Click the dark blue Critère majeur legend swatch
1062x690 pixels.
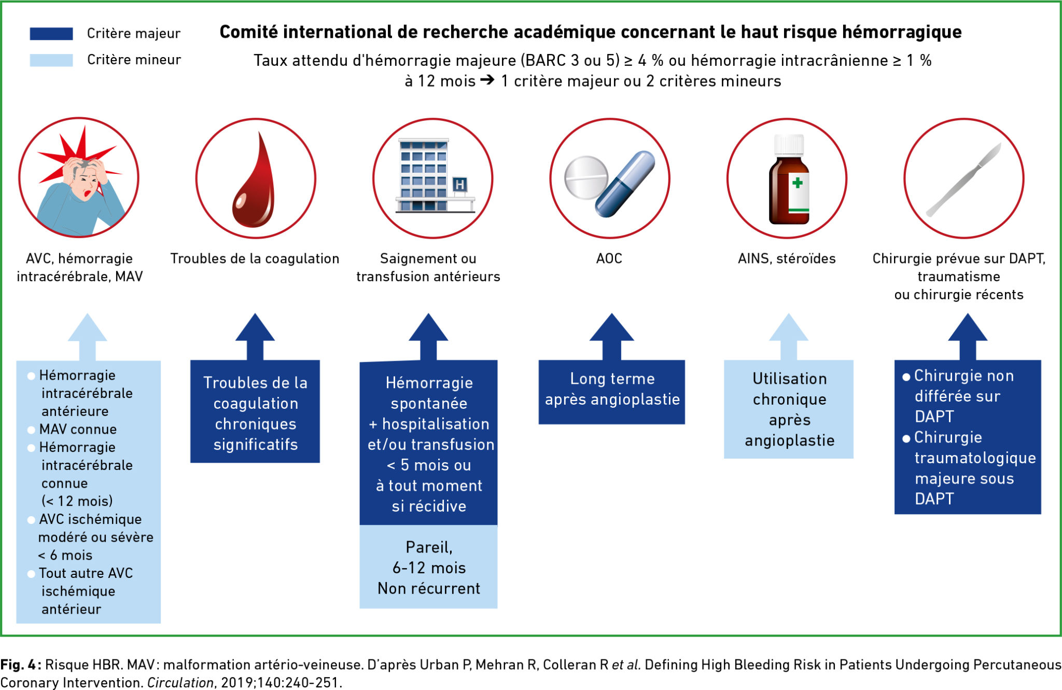tap(51, 34)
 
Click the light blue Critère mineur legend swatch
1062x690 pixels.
tap(51, 60)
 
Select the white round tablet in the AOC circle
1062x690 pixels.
tap(586, 177)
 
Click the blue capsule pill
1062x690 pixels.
tap(625, 184)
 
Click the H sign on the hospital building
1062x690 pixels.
tap(459, 185)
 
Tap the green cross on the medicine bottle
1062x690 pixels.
tap(798, 183)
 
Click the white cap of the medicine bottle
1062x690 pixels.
tap(789, 144)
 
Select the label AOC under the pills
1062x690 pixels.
tap(609, 258)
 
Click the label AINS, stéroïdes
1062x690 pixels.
tap(787, 258)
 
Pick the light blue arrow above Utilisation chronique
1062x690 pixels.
tap(788, 335)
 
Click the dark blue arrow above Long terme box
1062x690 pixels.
tap(611, 335)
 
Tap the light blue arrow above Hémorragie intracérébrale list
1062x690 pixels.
tap(88, 335)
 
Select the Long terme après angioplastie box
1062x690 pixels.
tap(612, 392)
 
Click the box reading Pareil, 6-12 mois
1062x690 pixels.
tap(428, 567)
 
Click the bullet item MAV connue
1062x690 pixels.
tap(78, 430)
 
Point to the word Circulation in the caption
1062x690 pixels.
tap(180, 683)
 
